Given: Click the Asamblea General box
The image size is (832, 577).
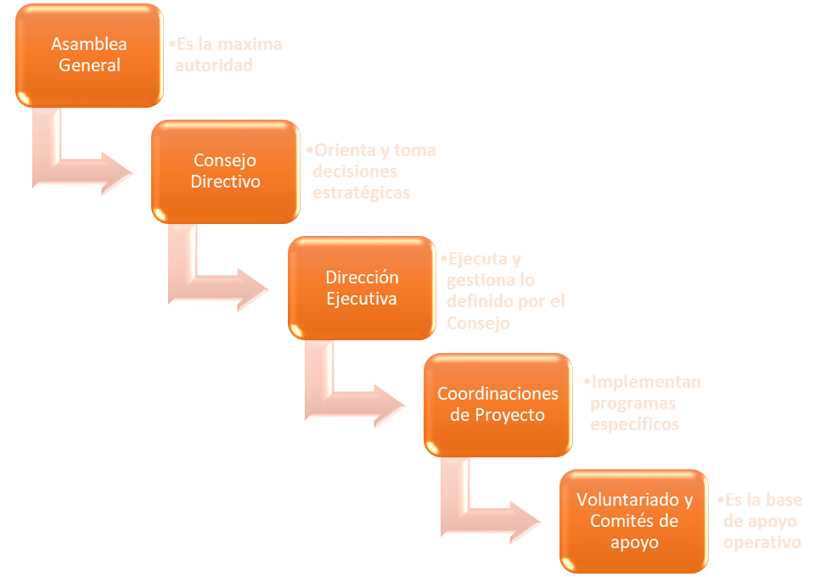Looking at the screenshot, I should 90,55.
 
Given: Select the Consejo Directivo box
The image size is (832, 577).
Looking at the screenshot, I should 225,171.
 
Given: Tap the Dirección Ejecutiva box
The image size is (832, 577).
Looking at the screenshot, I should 362,288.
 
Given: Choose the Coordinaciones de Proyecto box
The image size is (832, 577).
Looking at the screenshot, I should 498,404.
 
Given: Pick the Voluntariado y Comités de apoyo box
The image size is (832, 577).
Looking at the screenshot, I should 633,520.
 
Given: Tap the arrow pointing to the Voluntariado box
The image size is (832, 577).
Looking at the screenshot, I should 484,519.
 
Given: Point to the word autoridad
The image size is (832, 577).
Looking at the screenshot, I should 214,64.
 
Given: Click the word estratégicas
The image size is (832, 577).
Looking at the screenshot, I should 361,193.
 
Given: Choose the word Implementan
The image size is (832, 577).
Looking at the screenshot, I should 646,382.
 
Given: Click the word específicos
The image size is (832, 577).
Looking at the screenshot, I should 635,424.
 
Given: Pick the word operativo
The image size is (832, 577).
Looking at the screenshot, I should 762,541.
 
